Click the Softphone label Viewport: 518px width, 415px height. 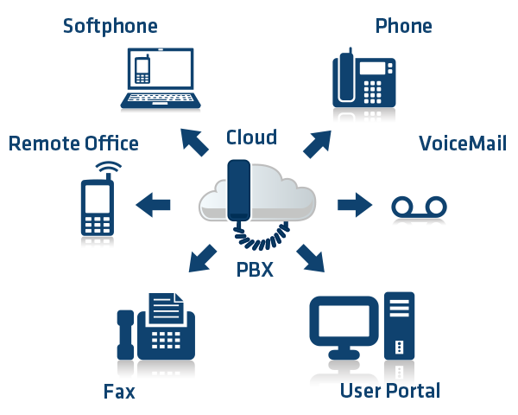(110, 26)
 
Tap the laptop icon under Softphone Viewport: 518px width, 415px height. (161, 80)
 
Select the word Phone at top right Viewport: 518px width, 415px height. (403, 26)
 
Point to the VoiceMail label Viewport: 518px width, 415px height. (463, 143)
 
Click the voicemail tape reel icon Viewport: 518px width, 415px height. (420, 210)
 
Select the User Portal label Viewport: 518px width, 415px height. (390, 391)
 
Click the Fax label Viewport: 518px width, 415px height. (119, 392)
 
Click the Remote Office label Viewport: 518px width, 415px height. (73, 143)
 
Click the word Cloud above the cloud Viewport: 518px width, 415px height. (251, 137)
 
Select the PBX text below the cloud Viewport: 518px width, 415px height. (255, 270)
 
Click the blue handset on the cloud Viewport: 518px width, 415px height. (237, 188)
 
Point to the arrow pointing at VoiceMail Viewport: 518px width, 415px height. (353, 205)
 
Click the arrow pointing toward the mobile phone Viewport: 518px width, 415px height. (153, 205)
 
